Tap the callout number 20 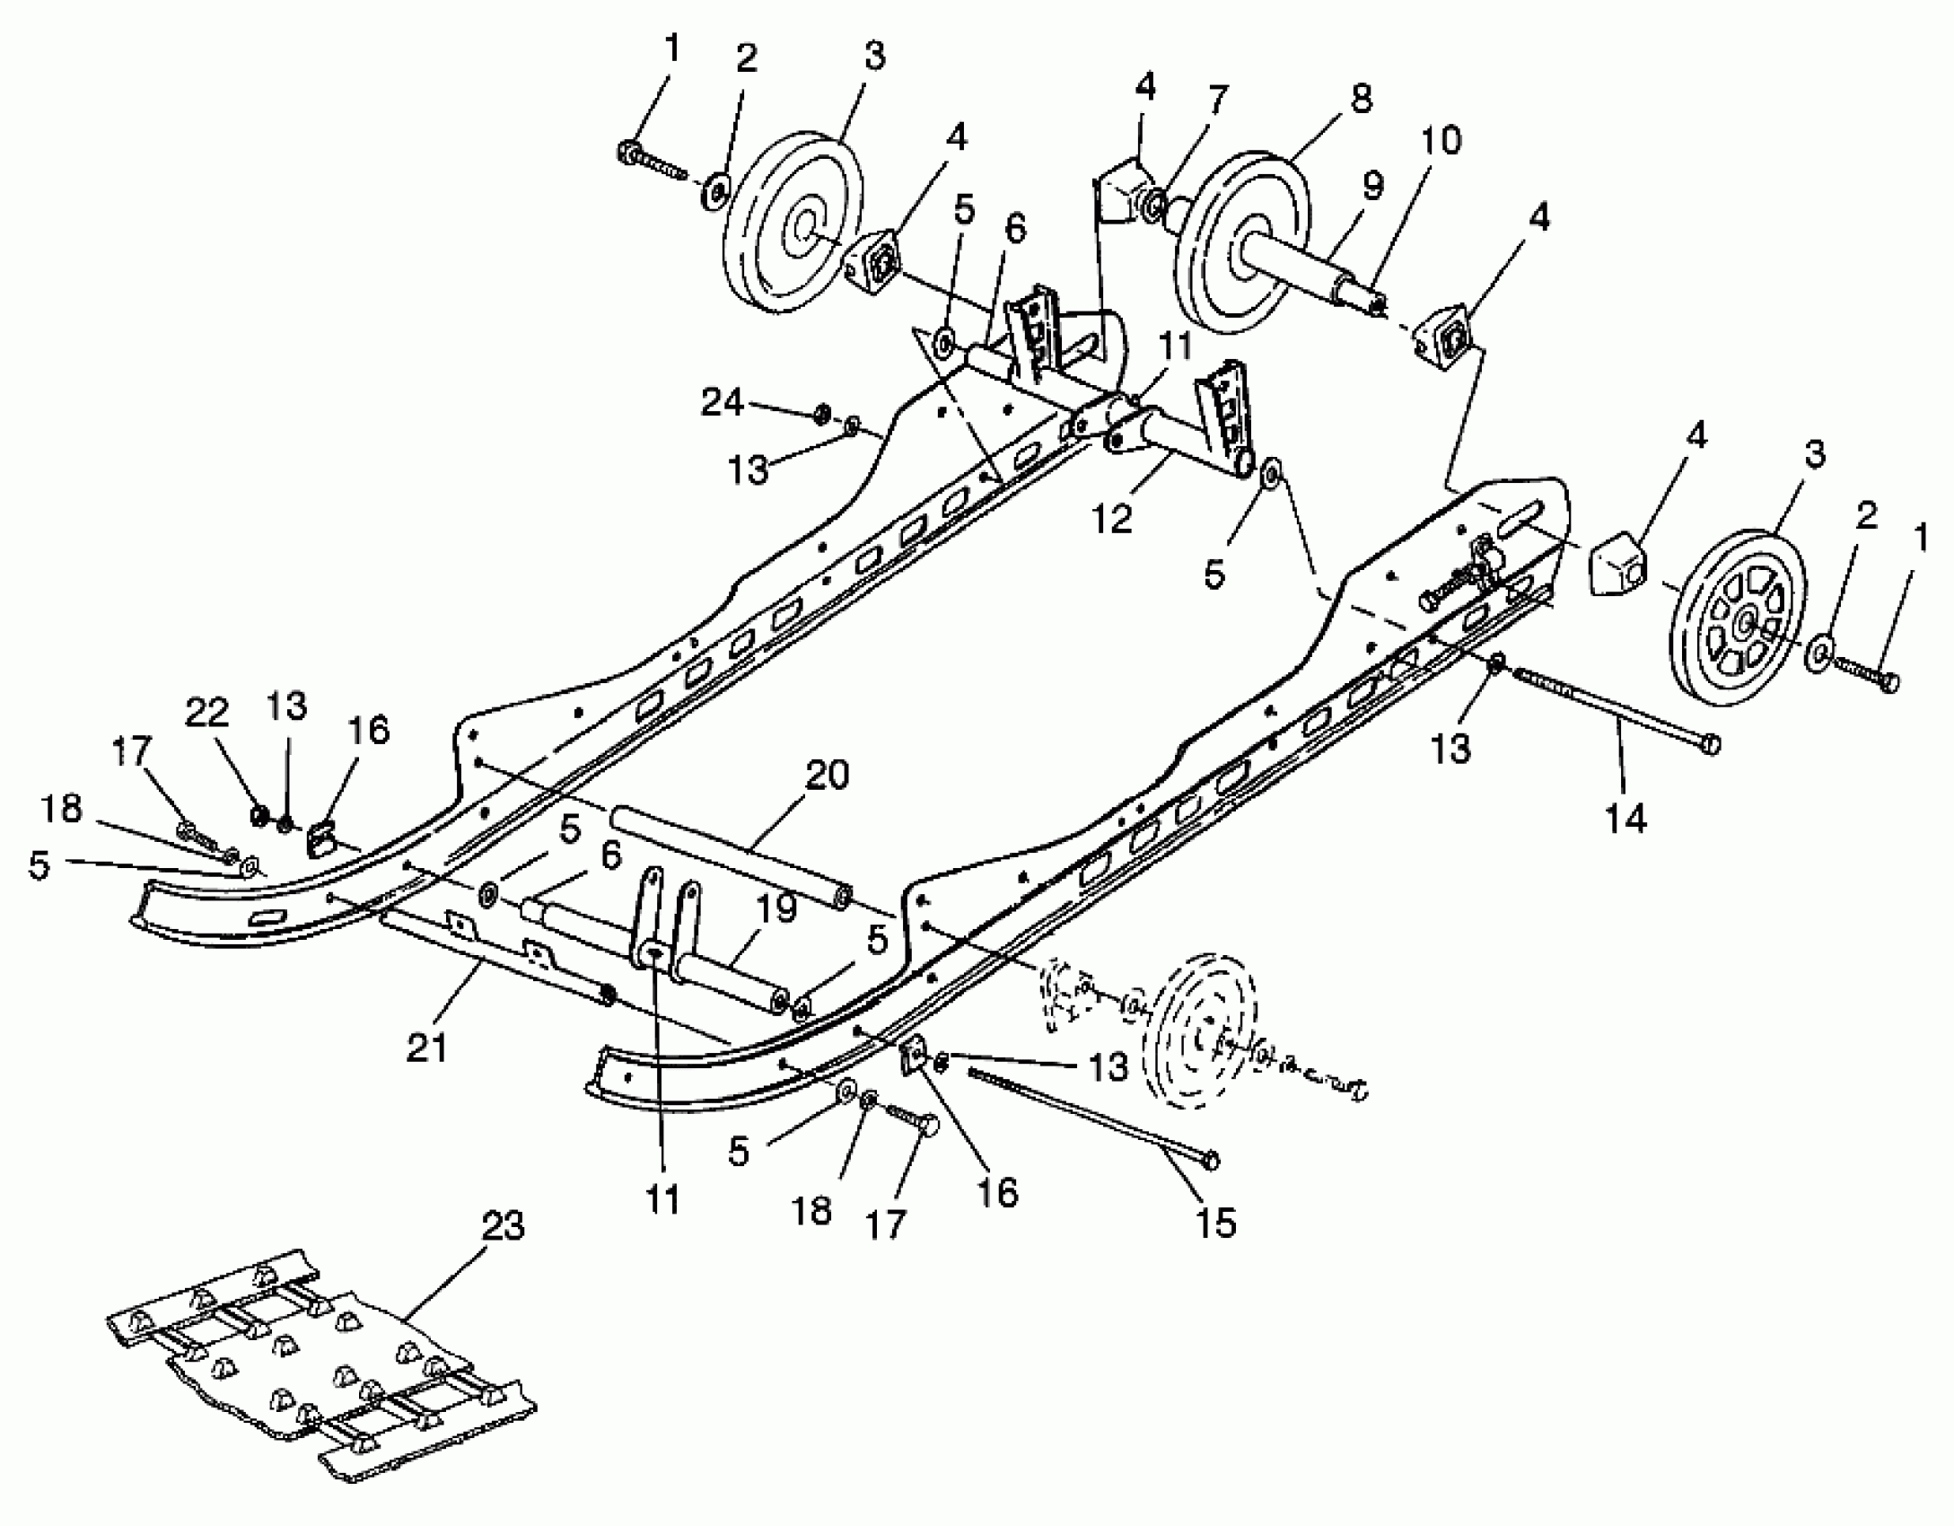(827, 774)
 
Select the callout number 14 (1625, 819)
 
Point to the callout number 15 (1215, 1222)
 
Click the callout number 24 (723, 403)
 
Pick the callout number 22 (208, 714)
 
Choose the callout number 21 (426, 1047)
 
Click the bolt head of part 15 (1211, 1160)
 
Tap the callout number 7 (1216, 101)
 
